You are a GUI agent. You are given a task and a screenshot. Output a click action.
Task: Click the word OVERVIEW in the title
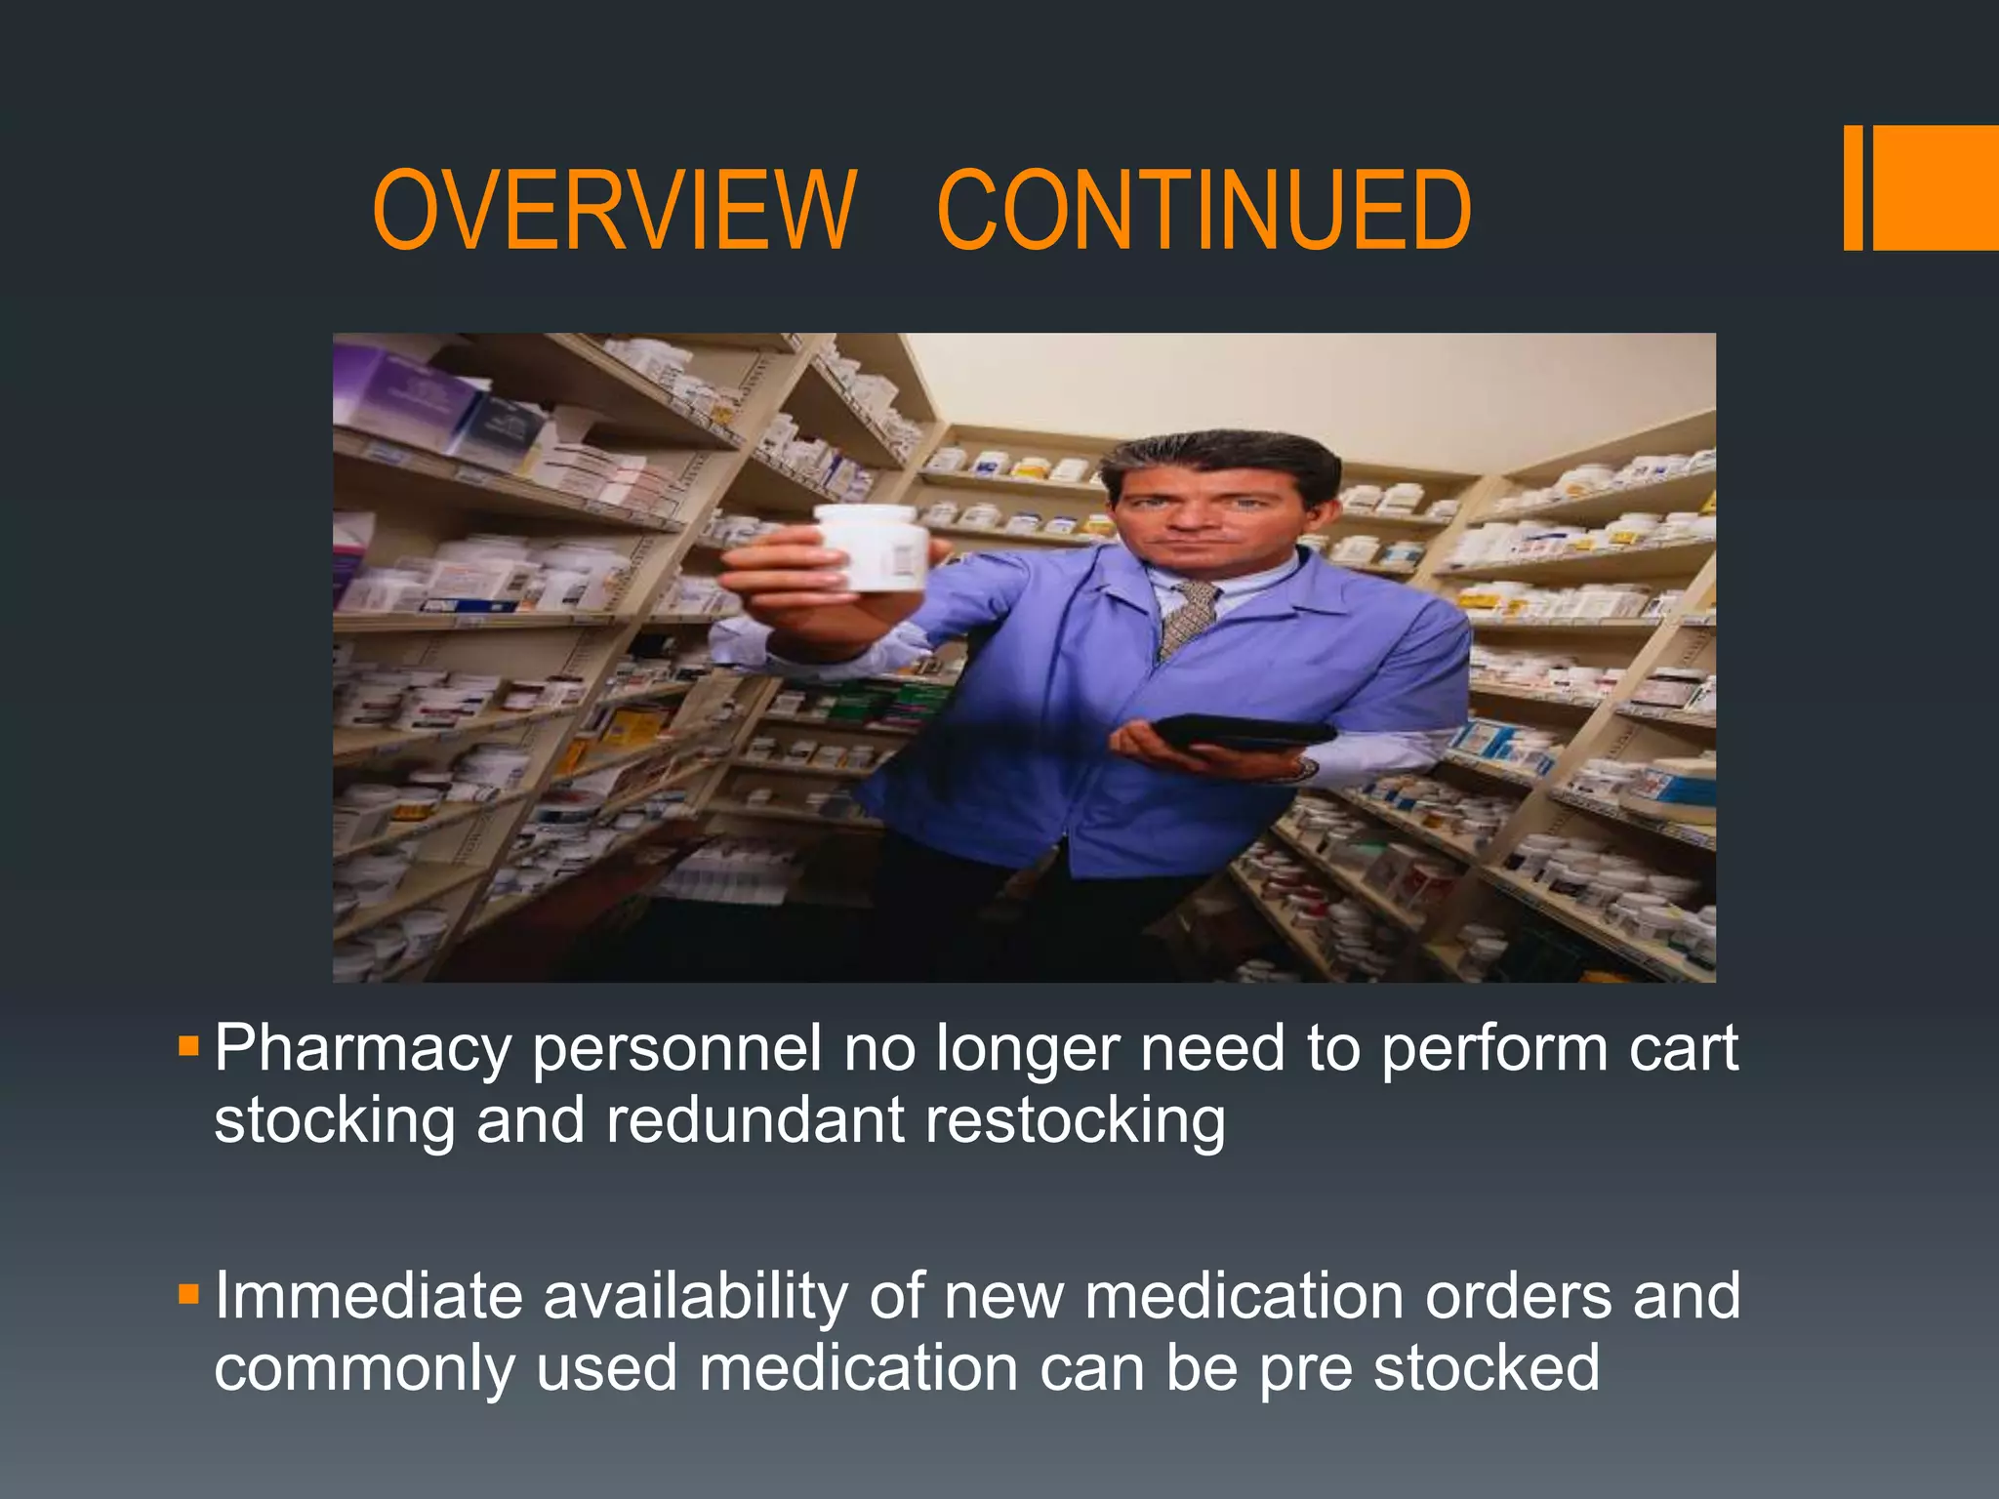pyautogui.click(x=614, y=210)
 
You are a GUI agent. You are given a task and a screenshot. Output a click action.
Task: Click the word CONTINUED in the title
pyautogui.click(x=1203, y=210)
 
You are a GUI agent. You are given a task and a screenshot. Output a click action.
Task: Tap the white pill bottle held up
pyautogui.click(x=872, y=548)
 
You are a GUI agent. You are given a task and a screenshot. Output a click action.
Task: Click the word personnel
pyautogui.click(x=676, y=1050)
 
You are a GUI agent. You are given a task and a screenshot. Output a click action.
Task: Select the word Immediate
pyautogui.click(x=368, y=1296)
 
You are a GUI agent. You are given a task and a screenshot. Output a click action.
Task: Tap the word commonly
pyautogui.click(x=363, y=1368)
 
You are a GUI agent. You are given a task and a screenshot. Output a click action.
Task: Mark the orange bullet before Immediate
pyautogui.click(x=188, y=1296)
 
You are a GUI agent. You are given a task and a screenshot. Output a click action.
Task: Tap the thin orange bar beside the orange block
pyautogui.click(x=1853, y=187)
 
